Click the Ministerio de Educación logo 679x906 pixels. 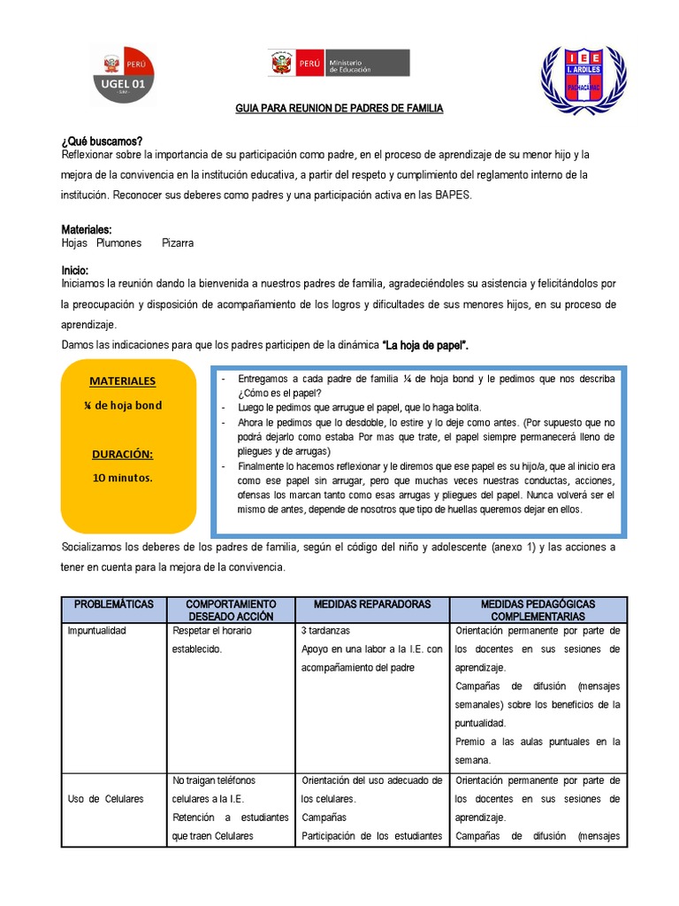click(x=339, y=64)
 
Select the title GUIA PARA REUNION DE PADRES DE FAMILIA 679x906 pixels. click(x=339, y=109)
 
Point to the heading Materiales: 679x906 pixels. click(x=87, y=229)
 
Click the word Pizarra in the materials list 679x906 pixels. click(x=177, y=242)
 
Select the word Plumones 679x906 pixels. click(x=118, y=242)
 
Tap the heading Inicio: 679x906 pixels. click(x=75, y=270)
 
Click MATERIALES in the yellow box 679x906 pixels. click(x=122, y=381)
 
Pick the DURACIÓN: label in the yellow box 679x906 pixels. click(x=122, y=454)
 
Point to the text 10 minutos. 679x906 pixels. click(x=122, y=478)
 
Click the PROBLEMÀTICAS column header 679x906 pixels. click(x=113, y=603)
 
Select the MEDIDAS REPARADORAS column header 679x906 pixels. click(x=372, y=603)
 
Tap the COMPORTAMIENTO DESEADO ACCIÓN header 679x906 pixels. click(x=231, y=610)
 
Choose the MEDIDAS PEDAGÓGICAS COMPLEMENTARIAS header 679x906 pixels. click(x=538, y=610)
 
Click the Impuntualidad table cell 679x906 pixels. click(x=97, y=631)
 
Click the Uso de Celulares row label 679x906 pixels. click(x=105, y=799)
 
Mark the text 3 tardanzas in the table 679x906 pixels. click(x=326, y=631)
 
